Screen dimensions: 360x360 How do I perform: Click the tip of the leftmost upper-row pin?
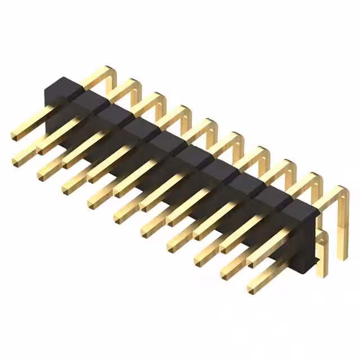(16, 135)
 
